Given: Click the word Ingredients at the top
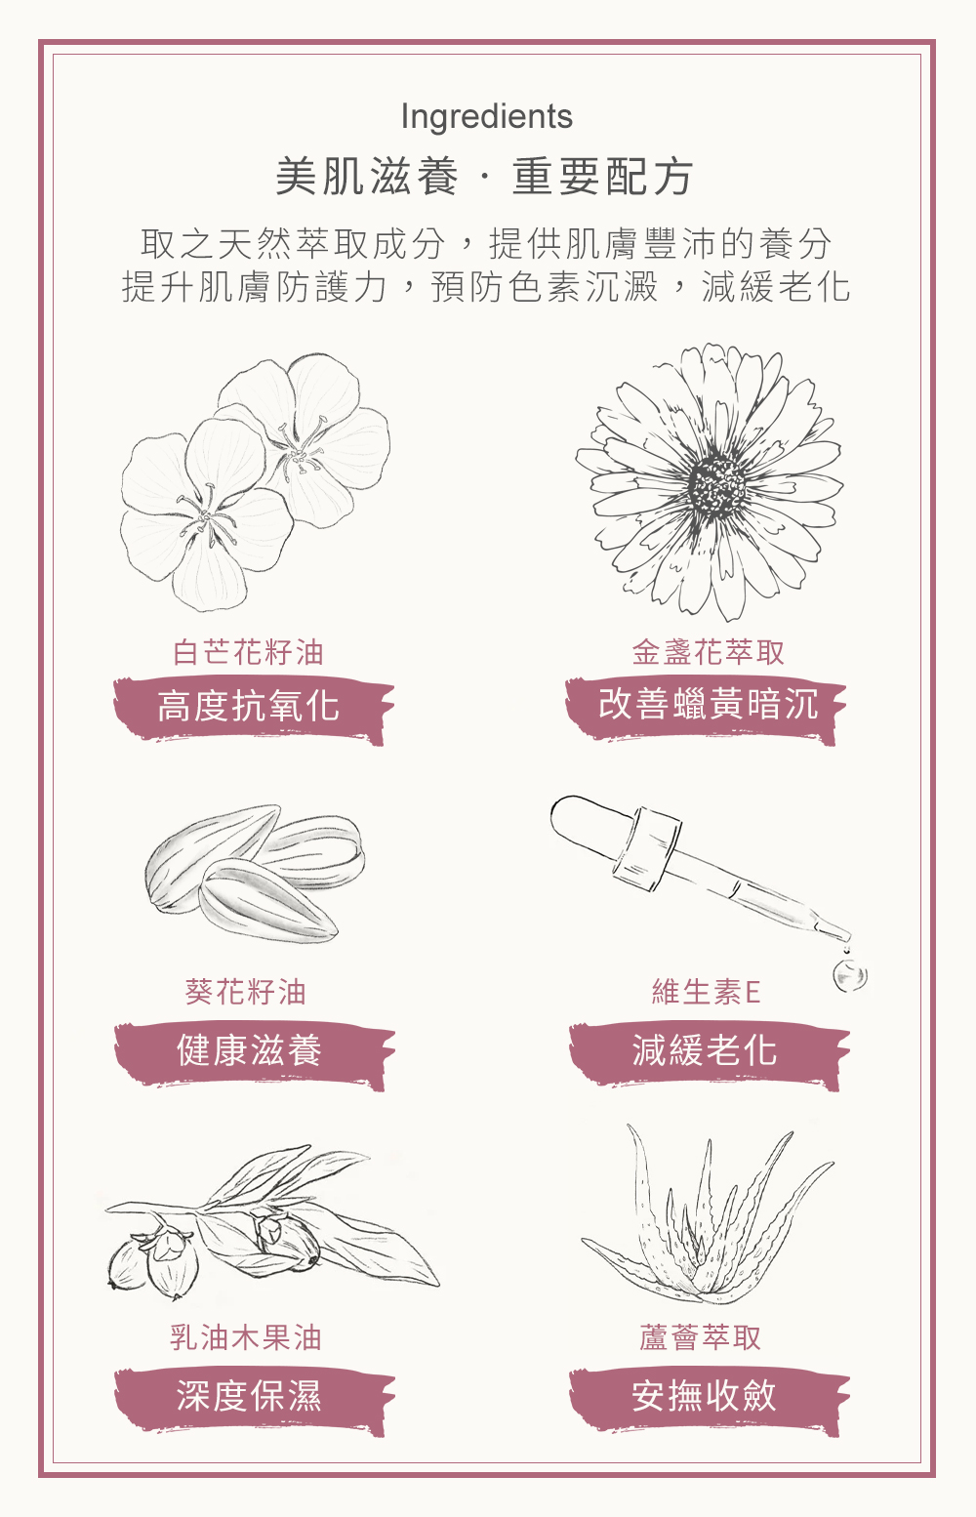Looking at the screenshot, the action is (487, 117).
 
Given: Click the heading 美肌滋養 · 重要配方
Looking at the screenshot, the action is (484, 177).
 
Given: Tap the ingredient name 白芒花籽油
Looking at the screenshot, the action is (248, 652).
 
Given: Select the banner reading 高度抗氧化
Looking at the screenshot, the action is (253, 709).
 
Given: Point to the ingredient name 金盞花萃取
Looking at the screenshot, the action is (708, 652).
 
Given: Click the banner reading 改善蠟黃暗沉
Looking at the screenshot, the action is (705, 709).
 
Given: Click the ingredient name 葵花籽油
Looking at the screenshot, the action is (245, 992).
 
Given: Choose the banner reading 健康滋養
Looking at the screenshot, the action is (254, 1054).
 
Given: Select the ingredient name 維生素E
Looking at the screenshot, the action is (706, 992).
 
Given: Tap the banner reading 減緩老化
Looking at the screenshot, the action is (709, 1054).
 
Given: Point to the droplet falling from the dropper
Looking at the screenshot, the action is (850, 976).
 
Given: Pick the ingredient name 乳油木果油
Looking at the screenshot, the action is (245, 1337).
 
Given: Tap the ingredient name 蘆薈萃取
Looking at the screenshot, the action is (701, 1337).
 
